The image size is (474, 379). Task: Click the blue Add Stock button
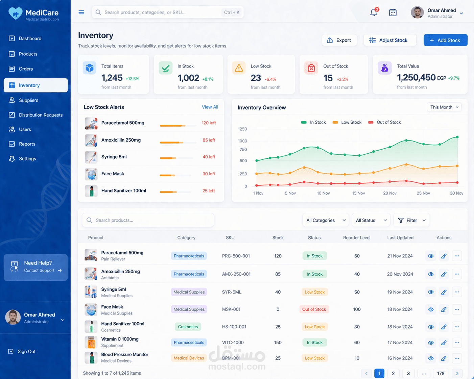[445, 40]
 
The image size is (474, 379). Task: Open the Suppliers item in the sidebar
[28, 100]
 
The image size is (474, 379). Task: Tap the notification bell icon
[373, 13]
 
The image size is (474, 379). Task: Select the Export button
[339, 40]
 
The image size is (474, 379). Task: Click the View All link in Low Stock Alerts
[210, 107]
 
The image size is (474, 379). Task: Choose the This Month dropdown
[444, 107]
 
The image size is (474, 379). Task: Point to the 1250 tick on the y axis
[242, 129]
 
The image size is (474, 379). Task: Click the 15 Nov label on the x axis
[358, 193]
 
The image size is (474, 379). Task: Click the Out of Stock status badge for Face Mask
[314, 309]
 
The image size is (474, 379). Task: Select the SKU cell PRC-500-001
[236, 256]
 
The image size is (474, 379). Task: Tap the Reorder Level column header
[357, 238]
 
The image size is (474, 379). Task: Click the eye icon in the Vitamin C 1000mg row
[431, 343]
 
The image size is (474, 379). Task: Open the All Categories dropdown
[326, 220]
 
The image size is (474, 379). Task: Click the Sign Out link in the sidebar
[26, 352]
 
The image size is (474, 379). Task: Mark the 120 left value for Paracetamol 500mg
[209, 123]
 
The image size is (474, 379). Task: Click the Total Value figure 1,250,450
[416, 78]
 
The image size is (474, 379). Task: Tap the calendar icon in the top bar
[393, 13]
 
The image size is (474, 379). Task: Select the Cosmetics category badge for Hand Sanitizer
[188, 327]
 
